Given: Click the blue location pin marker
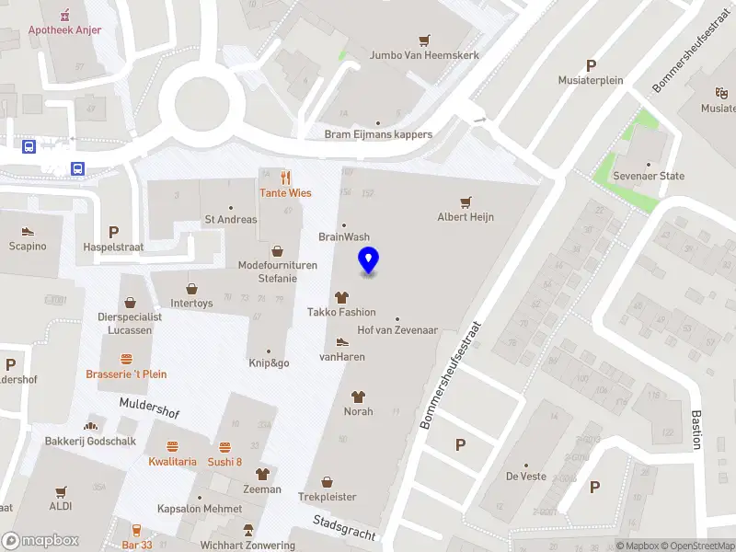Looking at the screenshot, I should point(369,260).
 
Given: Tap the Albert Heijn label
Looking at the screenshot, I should point(466,217).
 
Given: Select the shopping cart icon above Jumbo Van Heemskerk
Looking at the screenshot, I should point(424,40).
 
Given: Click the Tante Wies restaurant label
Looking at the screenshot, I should point(285,193).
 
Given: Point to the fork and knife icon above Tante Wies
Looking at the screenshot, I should point(286,178).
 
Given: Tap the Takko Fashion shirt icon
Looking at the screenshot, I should point(342,297).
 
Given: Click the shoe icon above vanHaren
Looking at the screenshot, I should point(342,341).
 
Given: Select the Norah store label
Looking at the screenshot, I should point(359,411).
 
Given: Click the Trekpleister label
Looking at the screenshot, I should point(327,497).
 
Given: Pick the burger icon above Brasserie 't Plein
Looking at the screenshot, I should point(126,359).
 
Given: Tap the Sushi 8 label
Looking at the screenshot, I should point(224,462).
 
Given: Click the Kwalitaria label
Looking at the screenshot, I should point(173,462).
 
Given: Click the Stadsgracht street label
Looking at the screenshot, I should point(344,530).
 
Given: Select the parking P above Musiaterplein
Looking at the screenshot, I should point(591,65).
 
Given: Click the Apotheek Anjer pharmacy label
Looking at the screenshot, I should point(64,29).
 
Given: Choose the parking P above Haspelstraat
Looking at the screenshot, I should point(114,233).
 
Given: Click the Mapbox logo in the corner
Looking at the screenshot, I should point(40,541).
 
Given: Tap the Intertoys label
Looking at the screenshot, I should point(191,303).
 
